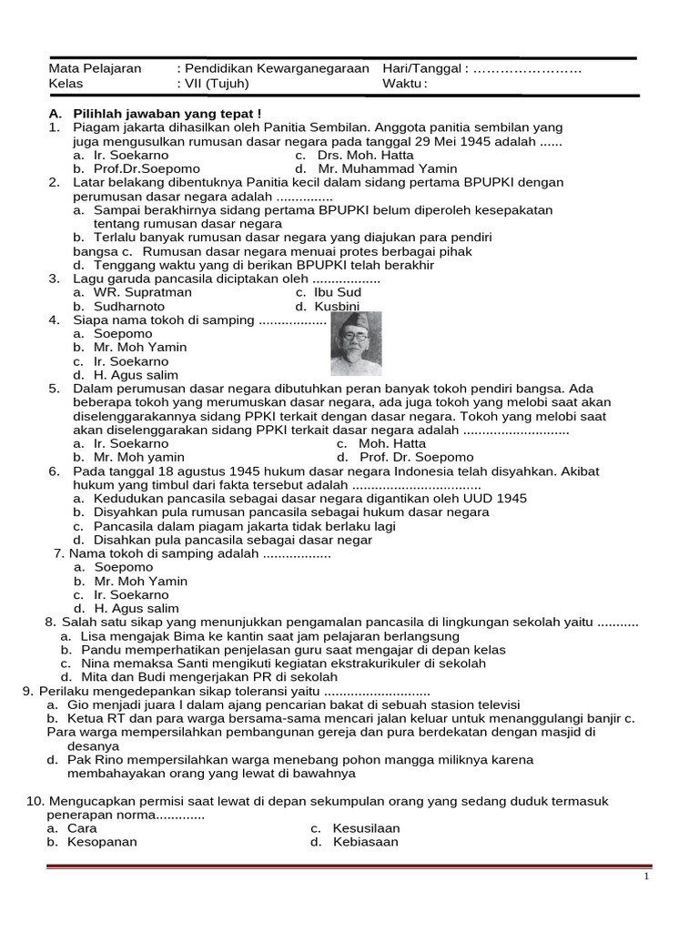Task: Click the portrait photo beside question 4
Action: pos(356,344)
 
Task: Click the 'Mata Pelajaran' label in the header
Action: pos(95,68)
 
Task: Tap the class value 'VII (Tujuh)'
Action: pos(217,84)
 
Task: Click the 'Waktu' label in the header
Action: pos(404,84)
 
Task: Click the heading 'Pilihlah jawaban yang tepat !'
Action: pos(167,113)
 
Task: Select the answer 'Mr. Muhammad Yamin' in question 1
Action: pos(388,168)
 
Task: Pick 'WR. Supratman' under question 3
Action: pos(143,292)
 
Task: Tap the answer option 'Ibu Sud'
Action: pos(339,292)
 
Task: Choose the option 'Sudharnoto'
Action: pos(129,307)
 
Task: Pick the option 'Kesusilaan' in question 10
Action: pos(366,828)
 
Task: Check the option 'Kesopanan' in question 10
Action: pos(102,842)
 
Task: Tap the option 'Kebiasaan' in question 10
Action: pos(365,842)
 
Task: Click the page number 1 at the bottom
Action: pos(646,876)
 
